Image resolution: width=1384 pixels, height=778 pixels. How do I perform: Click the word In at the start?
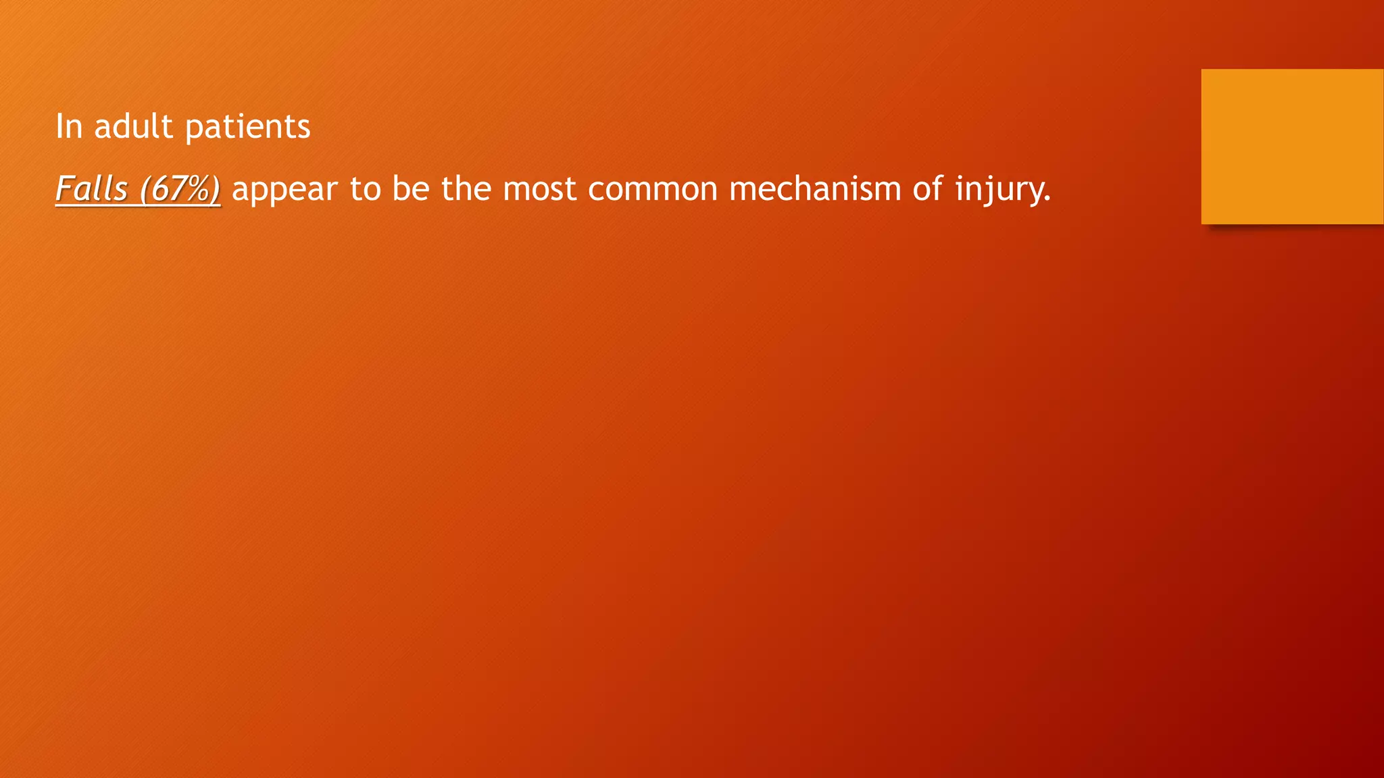pyautogui.click(x=68, y=126)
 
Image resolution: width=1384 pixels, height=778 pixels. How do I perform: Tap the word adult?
pyautogui.click(x=133, y=126)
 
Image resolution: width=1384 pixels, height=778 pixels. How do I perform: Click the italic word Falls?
pyautogui.click(x=91, y=188)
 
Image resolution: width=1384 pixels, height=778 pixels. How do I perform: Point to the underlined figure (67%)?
pyautogui.click(x=180, y=188)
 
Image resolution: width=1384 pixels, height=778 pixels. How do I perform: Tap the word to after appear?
pyautogui.click(x=365, y=188)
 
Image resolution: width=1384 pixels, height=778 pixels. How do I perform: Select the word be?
pyautogui.click(x=411, y=188)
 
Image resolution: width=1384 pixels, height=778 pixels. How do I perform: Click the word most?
pyautogui.click(x=539, y=188)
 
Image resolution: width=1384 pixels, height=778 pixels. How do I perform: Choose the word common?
pyautogui.click(x=653, y=188)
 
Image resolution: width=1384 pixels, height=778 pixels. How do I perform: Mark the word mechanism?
pyautogui.click(x=815, y=188)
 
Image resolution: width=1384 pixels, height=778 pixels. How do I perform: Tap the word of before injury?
pyautogui.click(x=928, y=188)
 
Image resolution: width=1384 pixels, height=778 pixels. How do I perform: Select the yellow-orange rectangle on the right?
pyautogui.click(x=1292, y=147)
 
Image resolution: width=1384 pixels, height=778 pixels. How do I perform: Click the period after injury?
pyautogui.click(x=1047, y=199)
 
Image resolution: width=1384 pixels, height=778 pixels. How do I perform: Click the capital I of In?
pyautogui.click(x=59, y=126)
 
